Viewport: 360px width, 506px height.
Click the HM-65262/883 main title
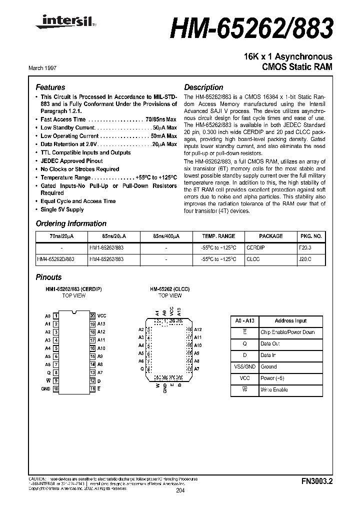tap(251, 29)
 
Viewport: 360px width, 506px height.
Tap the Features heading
tap(50, 87)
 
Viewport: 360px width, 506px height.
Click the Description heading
tap(203, 87)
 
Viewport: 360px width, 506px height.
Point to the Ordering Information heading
tap(71, 223)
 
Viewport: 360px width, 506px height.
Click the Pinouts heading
tap(48, 277)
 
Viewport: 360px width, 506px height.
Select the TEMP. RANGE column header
tap(218, 236)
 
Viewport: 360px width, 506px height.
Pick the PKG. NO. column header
tap(311, 236)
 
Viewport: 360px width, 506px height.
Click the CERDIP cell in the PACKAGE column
tap(255, 247)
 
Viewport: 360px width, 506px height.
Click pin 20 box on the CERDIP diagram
tap(92, 316)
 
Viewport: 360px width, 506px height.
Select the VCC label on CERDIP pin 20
tap(102, 316)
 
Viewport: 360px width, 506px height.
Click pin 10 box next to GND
tap(56, 388)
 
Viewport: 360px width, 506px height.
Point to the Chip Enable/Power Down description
tap(287, 332)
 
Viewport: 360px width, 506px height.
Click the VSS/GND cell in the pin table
tap(244, 366)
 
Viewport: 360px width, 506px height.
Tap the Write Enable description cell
tap(274, 389)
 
